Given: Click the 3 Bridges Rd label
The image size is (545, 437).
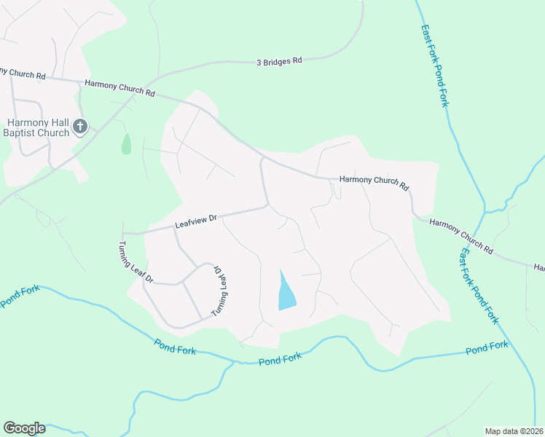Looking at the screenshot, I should (279, 61).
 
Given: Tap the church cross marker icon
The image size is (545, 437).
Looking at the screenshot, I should (80, 127).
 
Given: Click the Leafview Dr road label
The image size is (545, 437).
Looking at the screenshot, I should (196, 221).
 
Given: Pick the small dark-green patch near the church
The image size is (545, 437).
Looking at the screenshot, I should (126, 143).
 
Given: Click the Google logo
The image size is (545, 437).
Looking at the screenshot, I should (24, 428).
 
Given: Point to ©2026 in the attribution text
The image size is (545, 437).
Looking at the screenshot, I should (531, 430).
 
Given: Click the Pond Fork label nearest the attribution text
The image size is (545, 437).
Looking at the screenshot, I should (487, 348).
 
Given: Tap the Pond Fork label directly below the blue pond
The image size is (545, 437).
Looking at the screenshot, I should (280, 359).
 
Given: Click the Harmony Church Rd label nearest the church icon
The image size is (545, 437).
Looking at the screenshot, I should (120, 88).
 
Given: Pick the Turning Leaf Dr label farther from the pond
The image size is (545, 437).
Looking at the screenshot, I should (136, 261).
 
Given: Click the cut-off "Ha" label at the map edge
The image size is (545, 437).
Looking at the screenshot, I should (538, 268).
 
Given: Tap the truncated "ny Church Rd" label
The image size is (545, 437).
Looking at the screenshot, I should (23, 74).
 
